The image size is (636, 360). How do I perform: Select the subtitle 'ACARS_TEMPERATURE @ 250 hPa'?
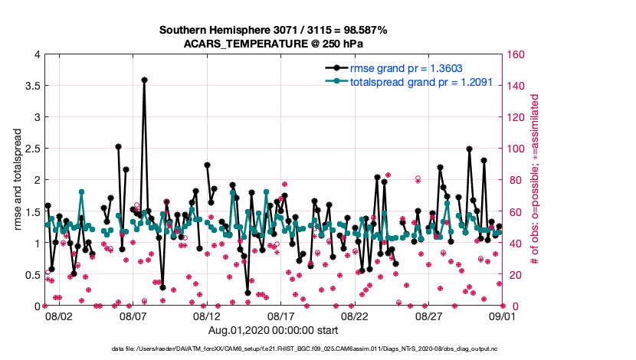[273, 44]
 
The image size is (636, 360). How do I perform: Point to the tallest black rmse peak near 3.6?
[144, 80]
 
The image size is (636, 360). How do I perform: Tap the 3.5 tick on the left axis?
[30, 86]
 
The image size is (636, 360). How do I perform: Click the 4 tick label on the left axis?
[36, 54]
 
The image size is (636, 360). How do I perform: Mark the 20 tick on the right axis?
[511, 274]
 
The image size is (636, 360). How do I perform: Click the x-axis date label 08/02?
[59, 316]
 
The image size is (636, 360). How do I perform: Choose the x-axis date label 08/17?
[281, 316]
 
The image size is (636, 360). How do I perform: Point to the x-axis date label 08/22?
[356, 316]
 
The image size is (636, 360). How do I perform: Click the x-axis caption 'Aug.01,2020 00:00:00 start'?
[273, 330]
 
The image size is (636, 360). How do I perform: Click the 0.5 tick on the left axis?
[30, 274]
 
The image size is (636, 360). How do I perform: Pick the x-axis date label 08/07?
[133, 316]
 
